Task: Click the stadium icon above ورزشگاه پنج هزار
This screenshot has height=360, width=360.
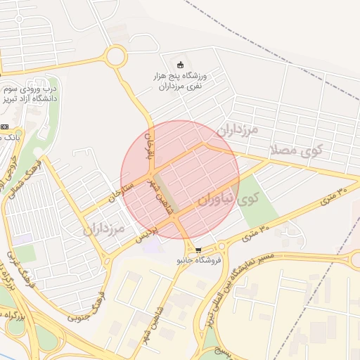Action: (x=179, y=65)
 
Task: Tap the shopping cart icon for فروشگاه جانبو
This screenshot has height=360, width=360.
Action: (x=198, y=250)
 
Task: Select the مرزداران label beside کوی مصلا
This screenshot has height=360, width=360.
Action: (x=237, y=130)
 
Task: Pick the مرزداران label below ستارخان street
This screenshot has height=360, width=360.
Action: (x=103, y=229)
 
